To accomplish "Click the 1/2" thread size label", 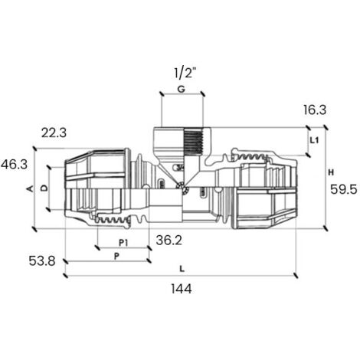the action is [185, 74].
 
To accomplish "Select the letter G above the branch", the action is [181, 90].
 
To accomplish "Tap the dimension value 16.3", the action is [315, 110].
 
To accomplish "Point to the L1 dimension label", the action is [314, 140].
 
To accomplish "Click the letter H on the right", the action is [331, 172].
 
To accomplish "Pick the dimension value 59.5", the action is [344, 189].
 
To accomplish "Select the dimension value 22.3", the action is [54, 133].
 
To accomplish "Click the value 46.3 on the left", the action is [14, 165].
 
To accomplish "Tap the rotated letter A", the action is [30, 189].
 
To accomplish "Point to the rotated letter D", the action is [44, 188].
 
